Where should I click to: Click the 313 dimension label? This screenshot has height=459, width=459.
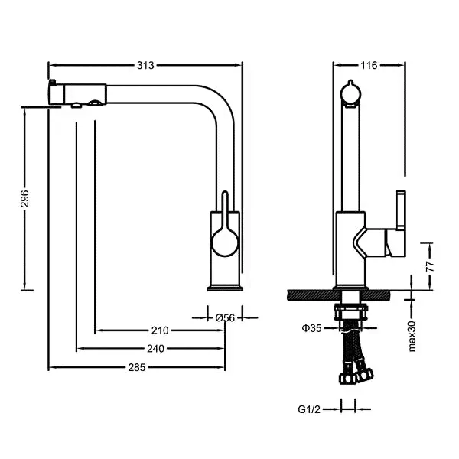pos(144,65)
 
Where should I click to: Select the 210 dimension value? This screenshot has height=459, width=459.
pos(159,330)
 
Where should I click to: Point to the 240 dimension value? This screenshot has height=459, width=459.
pos(155,349)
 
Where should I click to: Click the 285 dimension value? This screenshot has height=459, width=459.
pos(136,367)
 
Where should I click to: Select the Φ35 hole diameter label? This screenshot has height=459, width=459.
pos(311,327)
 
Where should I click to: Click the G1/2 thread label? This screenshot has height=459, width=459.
pos(308,409)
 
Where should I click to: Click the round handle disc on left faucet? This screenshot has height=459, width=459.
pos(225,245)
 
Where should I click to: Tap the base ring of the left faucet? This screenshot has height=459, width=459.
pos(226,287)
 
